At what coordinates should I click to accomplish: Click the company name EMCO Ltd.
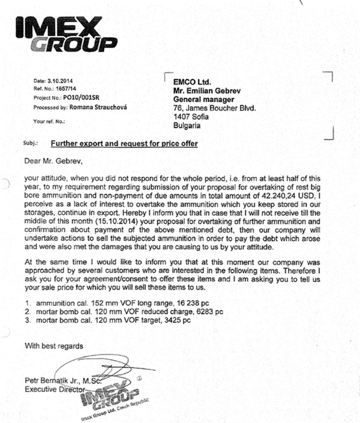pos(192,82)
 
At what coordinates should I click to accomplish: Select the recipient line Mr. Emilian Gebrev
pos(207,91)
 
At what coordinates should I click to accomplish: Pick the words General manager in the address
pos(204,100)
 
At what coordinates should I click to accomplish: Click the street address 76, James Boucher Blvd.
pos(214,108)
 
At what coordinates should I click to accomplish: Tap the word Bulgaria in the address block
pos(187,126)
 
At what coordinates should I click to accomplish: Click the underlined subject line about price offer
pos(124,143)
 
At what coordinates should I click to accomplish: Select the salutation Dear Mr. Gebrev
pos(53,161)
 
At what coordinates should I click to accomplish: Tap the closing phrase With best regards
pos(54,346)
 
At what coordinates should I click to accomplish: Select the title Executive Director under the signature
pos(55,389)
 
